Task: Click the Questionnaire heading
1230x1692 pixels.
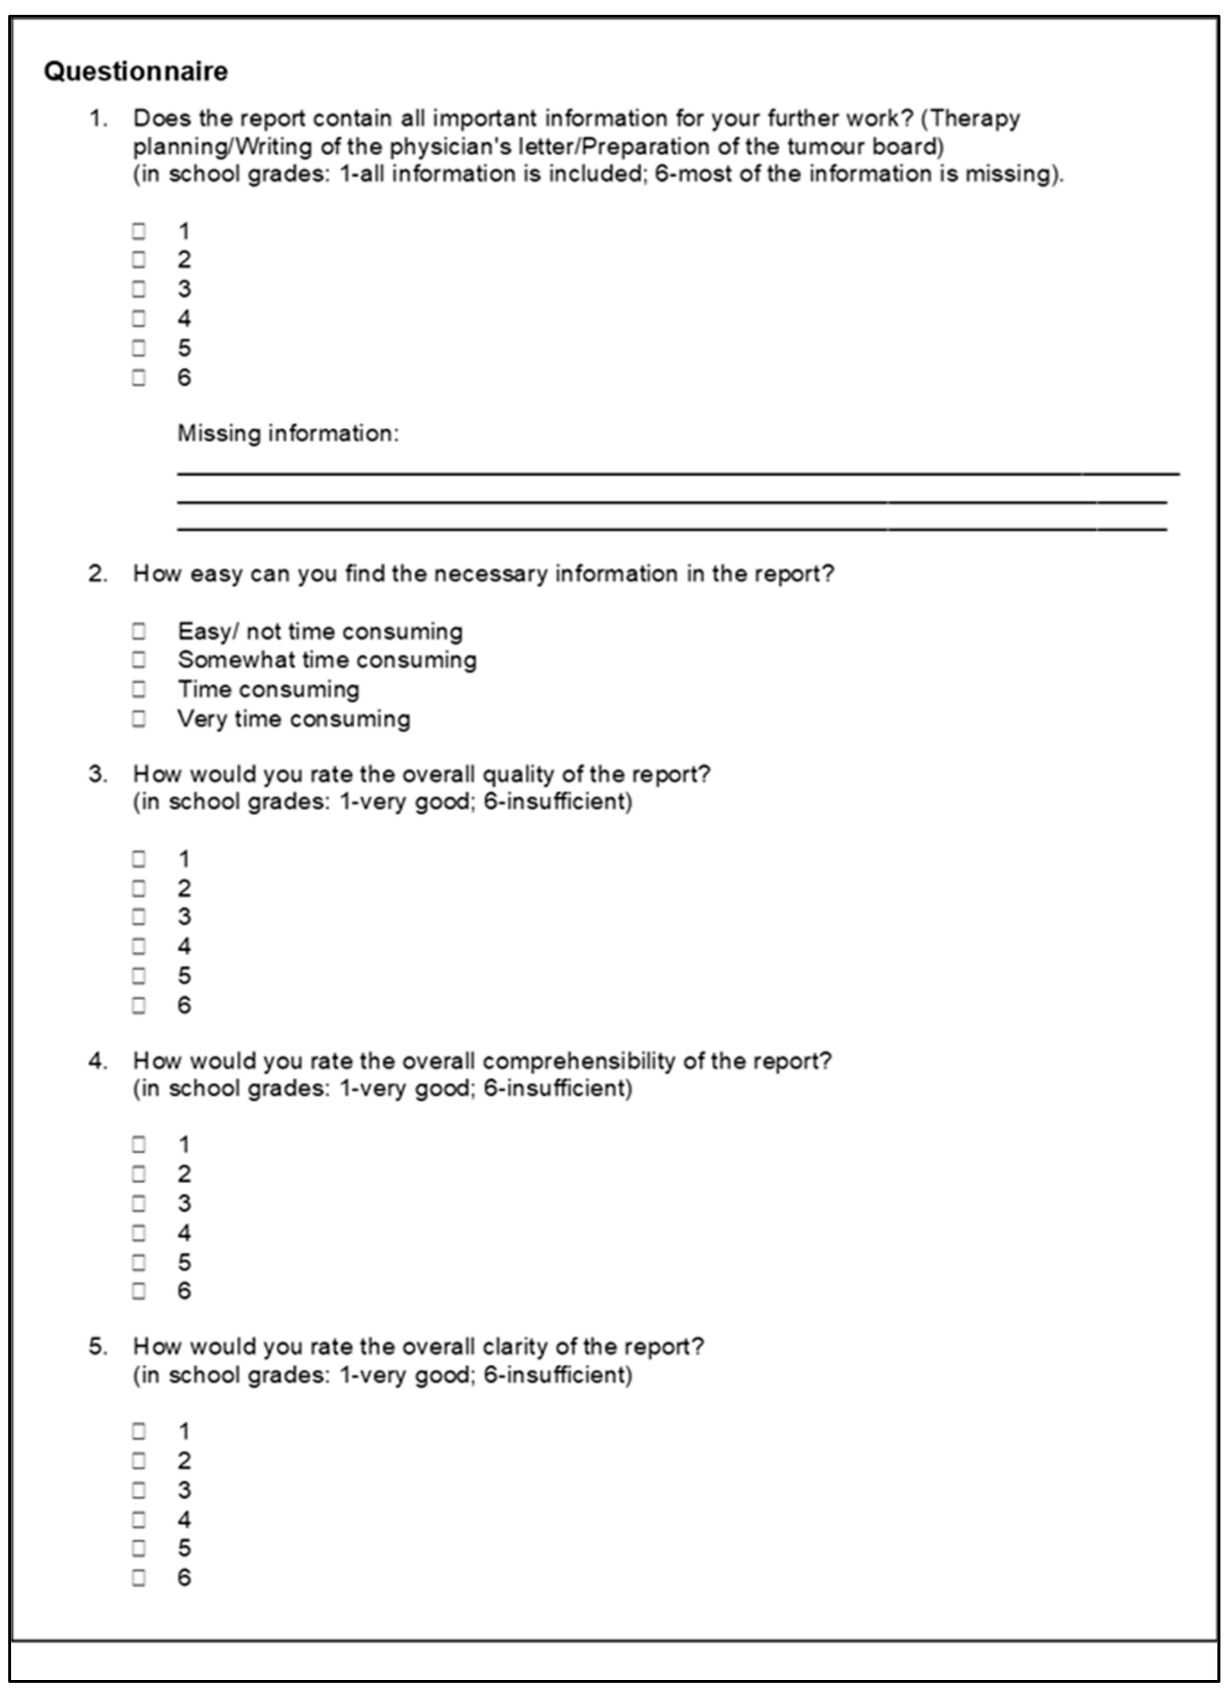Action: tap(136, 72)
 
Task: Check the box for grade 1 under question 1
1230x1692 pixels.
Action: tap(139, 231)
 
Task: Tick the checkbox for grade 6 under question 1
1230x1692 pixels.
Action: tap(139, 377)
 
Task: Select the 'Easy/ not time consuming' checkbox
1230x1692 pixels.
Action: tap(139, 631)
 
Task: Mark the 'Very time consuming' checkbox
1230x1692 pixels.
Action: tap(139, 718)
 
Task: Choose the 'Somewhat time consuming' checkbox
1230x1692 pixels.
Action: tap(139, 659)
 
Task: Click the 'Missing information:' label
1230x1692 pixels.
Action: tap(288, 433)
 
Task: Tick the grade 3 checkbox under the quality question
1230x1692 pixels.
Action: tap(139, 917)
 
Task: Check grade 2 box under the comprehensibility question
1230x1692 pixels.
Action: tap(139, 1174)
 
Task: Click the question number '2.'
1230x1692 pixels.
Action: tap(98, 574)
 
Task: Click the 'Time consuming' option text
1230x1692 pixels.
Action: tap(268, 689)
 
